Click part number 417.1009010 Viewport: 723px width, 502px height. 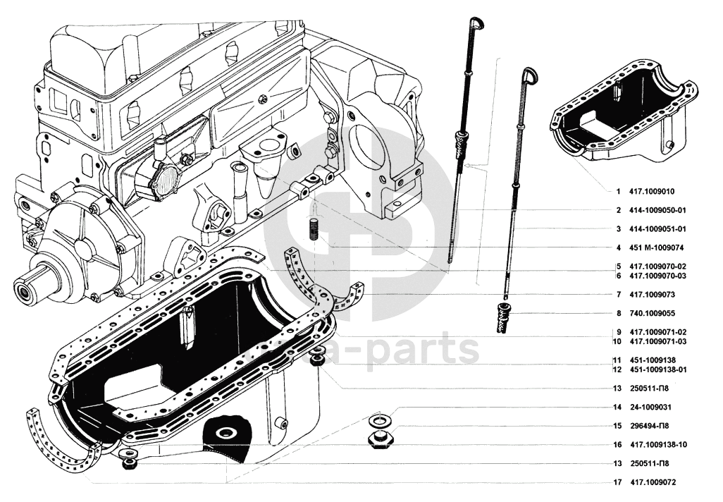click(x=652, y=192)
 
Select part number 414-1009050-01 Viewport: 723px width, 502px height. click(x=657, y=210)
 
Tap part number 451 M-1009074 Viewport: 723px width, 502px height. click(x=656, y=247)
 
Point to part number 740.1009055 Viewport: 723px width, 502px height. click(x=652, y=313)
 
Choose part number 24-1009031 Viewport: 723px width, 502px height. click(x=650, y=408)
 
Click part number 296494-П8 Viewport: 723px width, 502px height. click(x=649, y=426)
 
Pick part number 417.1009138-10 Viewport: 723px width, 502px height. click(x=658, y=445)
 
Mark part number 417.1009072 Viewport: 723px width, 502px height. click(x=653, y=483)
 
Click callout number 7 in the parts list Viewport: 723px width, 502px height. click(x=618, y=295)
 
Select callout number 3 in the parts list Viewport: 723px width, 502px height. click(x=618, y=229)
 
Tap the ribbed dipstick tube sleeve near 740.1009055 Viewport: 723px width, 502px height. click(x=505, y=318)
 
